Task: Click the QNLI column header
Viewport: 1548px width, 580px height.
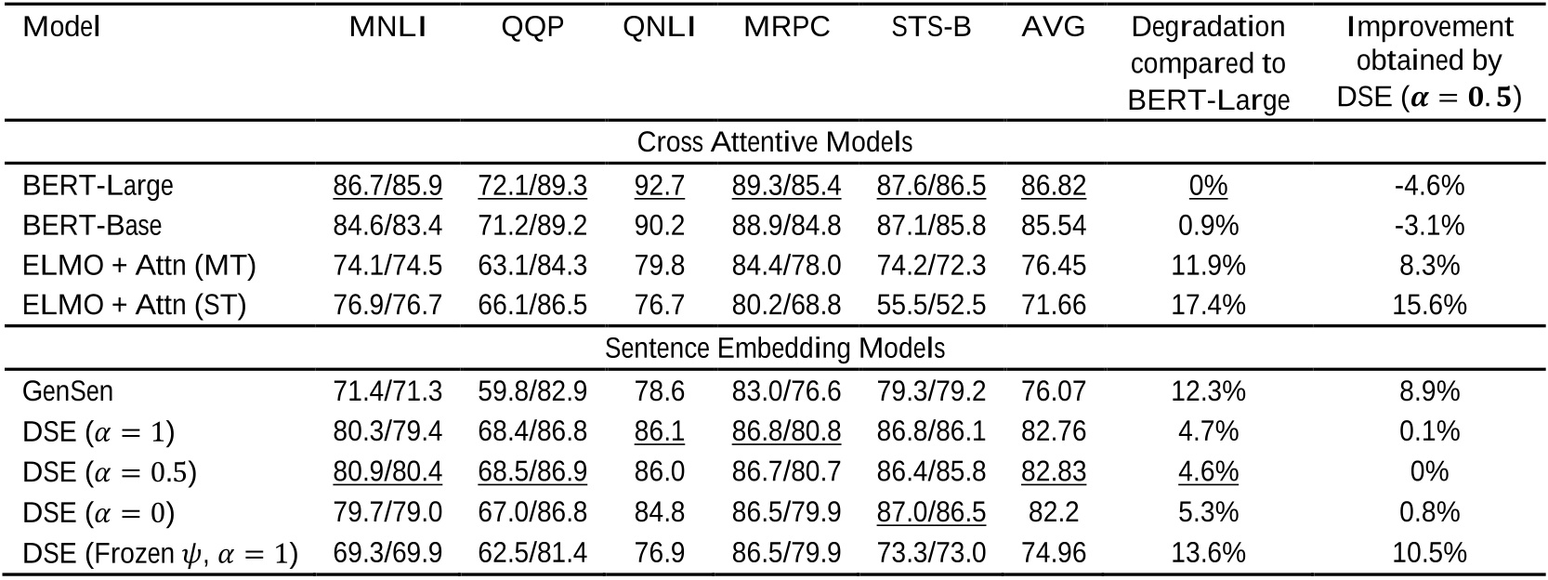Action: pyautogui.click(x=659, y=28)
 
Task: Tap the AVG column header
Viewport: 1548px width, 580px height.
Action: pyautogui.click(x=1053, y=28)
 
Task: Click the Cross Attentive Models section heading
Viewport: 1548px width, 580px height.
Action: pyautogui.click(x=774, y=142)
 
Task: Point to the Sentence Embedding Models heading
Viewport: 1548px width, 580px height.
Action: pyautogui.click(x=774, y=349)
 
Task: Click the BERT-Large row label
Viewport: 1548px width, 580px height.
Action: pyautogui.click(x=98, y=186)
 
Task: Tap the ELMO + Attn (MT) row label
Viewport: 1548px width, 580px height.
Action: pyautogui.click(x=139, y=266)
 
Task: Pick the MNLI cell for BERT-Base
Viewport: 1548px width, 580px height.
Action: pyautogui.click(x=387, y=226)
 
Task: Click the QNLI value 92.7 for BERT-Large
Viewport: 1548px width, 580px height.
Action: pyautogui.click(x=659, y=186)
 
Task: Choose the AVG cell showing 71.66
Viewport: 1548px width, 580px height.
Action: pyautogui.click(x=1053, y=307)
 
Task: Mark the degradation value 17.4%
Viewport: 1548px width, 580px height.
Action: pyautogui.click(x=1208, y=307)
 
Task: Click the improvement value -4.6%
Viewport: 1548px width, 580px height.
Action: pyautogui.click(x=1429, y=186)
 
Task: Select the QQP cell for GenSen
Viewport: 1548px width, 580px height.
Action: pyautogui.click(x=532, y=391)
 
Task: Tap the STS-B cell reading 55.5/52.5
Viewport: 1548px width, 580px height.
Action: pyautogui.click(x=931, y=307)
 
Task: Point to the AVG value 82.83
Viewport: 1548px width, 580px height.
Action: pyautogui.click(x=1053, y=472)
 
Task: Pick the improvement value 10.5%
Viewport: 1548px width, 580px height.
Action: pyautogui.click(x=1429, y=554)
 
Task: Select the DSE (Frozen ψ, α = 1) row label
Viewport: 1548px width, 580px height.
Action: pyautogui.click(x=160, y=554)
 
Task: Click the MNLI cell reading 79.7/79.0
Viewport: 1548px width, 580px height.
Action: pyautogui.click(x=387, y=513)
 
